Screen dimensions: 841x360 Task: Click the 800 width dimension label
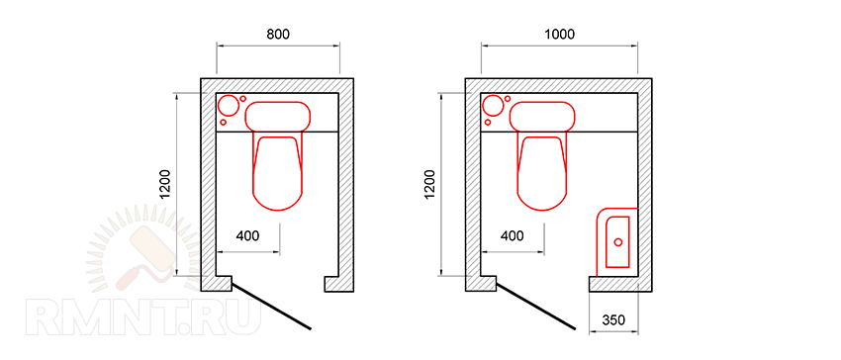(278, 35)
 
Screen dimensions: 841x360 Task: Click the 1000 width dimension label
(559, 35)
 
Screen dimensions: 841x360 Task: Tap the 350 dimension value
(613, 320)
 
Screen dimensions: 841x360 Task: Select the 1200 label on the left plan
(166, 185)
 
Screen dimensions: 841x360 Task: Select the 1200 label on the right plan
(430, 185)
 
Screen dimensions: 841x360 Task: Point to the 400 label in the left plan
(247, 235)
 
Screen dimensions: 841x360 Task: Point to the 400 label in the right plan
(513, 235)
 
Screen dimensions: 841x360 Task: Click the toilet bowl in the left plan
(277, 173)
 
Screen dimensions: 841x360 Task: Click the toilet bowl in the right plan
(542, 173)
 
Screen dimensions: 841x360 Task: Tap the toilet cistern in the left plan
(278, 116)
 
